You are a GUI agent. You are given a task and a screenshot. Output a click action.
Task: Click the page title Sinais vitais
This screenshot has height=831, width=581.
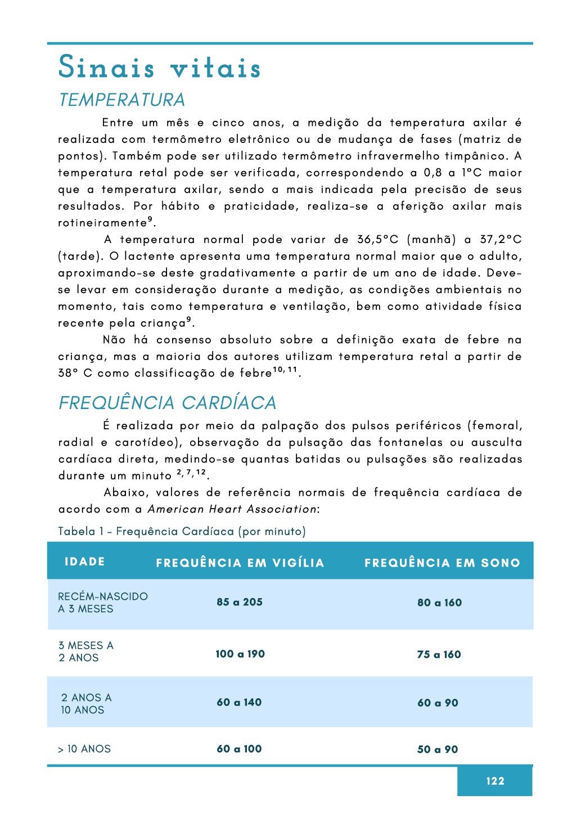tap(160, 68)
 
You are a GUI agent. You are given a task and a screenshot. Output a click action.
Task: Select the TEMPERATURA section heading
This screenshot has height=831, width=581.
tap(122, 100)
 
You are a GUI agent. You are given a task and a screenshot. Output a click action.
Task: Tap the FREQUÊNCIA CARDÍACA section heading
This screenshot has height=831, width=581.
tap(168, 403)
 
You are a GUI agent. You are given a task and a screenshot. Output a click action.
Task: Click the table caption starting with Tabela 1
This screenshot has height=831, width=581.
tap(182, 532)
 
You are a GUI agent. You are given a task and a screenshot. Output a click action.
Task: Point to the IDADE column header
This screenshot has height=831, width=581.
tap(85, 562)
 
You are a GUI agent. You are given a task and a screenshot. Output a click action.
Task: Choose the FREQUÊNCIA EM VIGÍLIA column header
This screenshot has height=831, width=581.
tap(240, 563)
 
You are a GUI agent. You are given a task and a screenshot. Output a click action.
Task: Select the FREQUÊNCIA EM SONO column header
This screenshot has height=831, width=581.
tap(442, 563)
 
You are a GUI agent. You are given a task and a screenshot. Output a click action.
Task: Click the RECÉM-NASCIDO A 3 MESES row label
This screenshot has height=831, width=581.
tap(102, 603)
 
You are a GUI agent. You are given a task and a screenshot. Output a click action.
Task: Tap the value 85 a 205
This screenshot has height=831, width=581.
tap(240, 602)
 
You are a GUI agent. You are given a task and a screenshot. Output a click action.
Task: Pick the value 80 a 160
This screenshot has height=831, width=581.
tap(439, 603)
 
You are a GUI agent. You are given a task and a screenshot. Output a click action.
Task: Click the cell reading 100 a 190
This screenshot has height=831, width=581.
tap(240, 654)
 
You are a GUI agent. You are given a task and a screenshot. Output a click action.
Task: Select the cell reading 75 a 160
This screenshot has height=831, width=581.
tap(439, 654)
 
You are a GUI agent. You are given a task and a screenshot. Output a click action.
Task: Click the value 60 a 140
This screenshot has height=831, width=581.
tap(239, 702)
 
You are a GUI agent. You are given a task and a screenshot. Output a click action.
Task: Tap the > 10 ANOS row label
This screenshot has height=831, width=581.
tap(84, 749)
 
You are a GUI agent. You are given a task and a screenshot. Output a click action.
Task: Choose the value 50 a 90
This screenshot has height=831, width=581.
tap(438, 749)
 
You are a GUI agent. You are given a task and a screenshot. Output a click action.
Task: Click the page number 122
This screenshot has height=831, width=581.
tap(495, 781)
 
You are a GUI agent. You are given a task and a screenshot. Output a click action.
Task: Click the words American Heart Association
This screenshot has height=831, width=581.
tap(232, 509)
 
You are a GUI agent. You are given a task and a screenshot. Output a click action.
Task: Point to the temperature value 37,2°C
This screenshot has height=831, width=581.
tap(501, 240)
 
